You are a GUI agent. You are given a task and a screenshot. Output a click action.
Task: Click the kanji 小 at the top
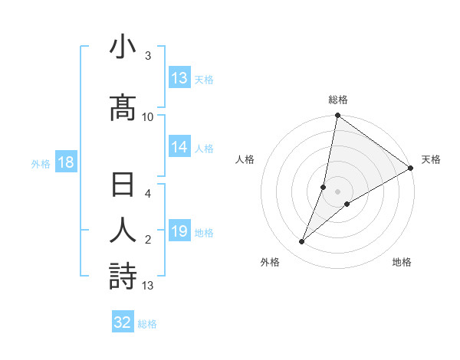coord(123,48)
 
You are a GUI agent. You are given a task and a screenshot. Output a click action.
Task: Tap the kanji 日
coord(123,186)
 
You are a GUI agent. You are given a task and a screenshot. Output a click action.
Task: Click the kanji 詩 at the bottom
coord(123,277)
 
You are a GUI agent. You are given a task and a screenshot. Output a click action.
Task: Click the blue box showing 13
coord(179,78)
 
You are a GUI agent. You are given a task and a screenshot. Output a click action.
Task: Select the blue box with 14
coord(179,148)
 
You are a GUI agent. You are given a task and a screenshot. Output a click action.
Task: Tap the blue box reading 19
coord(179,231)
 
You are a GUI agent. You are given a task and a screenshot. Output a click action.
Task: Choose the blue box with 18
coord(65,162)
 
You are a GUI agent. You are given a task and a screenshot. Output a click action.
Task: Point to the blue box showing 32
coord(123,322)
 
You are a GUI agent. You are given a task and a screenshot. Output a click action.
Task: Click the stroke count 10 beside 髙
coord(148,116)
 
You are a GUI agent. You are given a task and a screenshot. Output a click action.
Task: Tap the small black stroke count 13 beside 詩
coord(148,286)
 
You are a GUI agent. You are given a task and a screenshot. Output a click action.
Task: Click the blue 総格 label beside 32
coord(147,324)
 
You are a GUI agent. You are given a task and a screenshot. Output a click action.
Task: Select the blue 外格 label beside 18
coord(41,164)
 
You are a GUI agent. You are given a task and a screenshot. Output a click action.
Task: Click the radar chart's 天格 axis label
coord(431,159)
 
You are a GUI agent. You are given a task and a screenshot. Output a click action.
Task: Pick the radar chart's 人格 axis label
coord(245,159)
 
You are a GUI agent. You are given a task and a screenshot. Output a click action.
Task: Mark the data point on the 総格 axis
coord(337,116)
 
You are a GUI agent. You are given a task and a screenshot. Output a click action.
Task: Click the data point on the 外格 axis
coord(301,242)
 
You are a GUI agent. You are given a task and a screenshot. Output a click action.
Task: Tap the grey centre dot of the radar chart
coord(337,191)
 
